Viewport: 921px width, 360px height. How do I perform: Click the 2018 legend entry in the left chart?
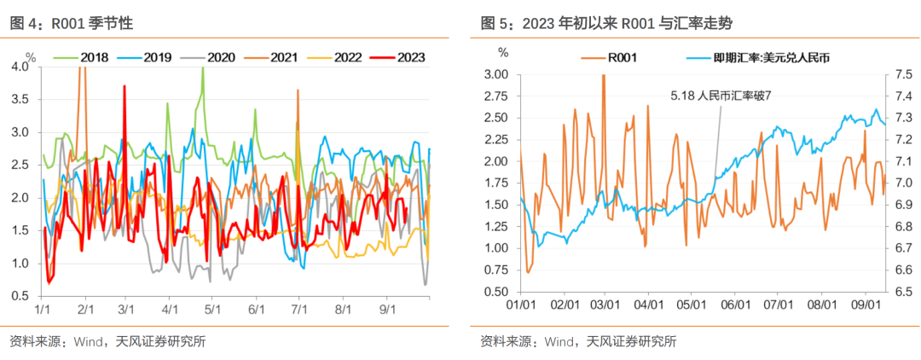89,57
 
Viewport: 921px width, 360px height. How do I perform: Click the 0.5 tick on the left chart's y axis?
20,295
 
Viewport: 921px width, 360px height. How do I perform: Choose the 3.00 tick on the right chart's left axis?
495,75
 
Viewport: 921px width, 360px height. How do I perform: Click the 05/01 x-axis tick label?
692,303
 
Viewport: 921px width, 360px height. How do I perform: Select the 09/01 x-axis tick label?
866,303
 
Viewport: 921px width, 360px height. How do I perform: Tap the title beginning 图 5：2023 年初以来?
606,21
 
